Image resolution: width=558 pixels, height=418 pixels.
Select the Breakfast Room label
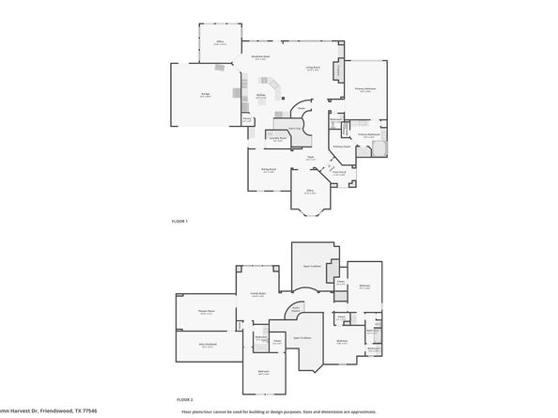coord(260,56)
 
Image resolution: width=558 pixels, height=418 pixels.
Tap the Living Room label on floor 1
coord(313,68)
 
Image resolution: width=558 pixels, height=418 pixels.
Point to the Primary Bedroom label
coord(364,90)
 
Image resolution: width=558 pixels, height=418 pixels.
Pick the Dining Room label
coord(269,171)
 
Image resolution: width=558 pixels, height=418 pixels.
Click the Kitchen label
coord(262,95)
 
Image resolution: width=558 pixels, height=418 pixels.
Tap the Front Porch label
coord(339,172)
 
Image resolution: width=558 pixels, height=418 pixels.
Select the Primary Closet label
coord(341,146)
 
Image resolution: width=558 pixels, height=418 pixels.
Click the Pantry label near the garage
coord(247,119)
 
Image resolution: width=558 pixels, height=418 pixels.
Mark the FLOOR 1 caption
coord(178,221)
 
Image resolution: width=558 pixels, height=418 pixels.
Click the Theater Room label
coord(206,311)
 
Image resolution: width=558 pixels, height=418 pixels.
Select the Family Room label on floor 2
coord(256,294)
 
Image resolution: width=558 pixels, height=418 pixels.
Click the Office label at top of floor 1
coord(220,42)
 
